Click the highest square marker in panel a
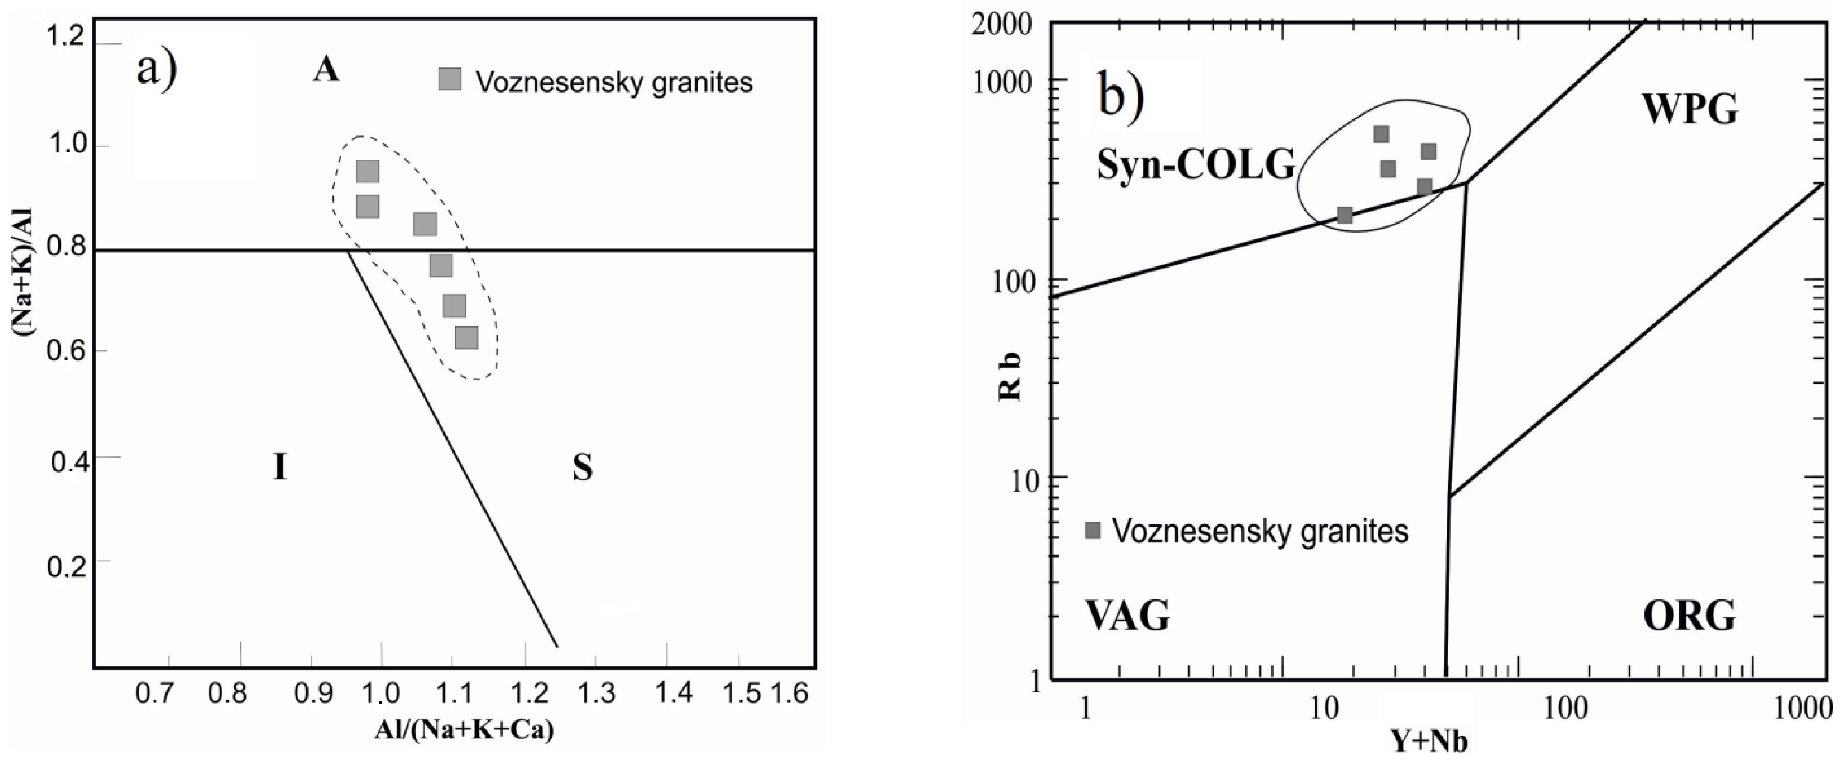point(367,172)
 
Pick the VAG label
point(1128,616)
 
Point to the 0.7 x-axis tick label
point(155,693)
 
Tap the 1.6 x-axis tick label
point(789,693)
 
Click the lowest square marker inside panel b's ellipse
point(1345,215)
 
